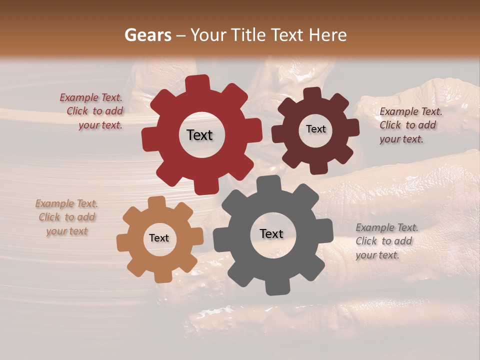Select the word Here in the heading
point(328,35)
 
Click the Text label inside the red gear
point(199,135)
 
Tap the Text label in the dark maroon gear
point(315,129)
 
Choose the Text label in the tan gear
point(159,238)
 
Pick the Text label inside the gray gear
point(271,233)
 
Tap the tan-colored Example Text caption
point(67,217)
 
